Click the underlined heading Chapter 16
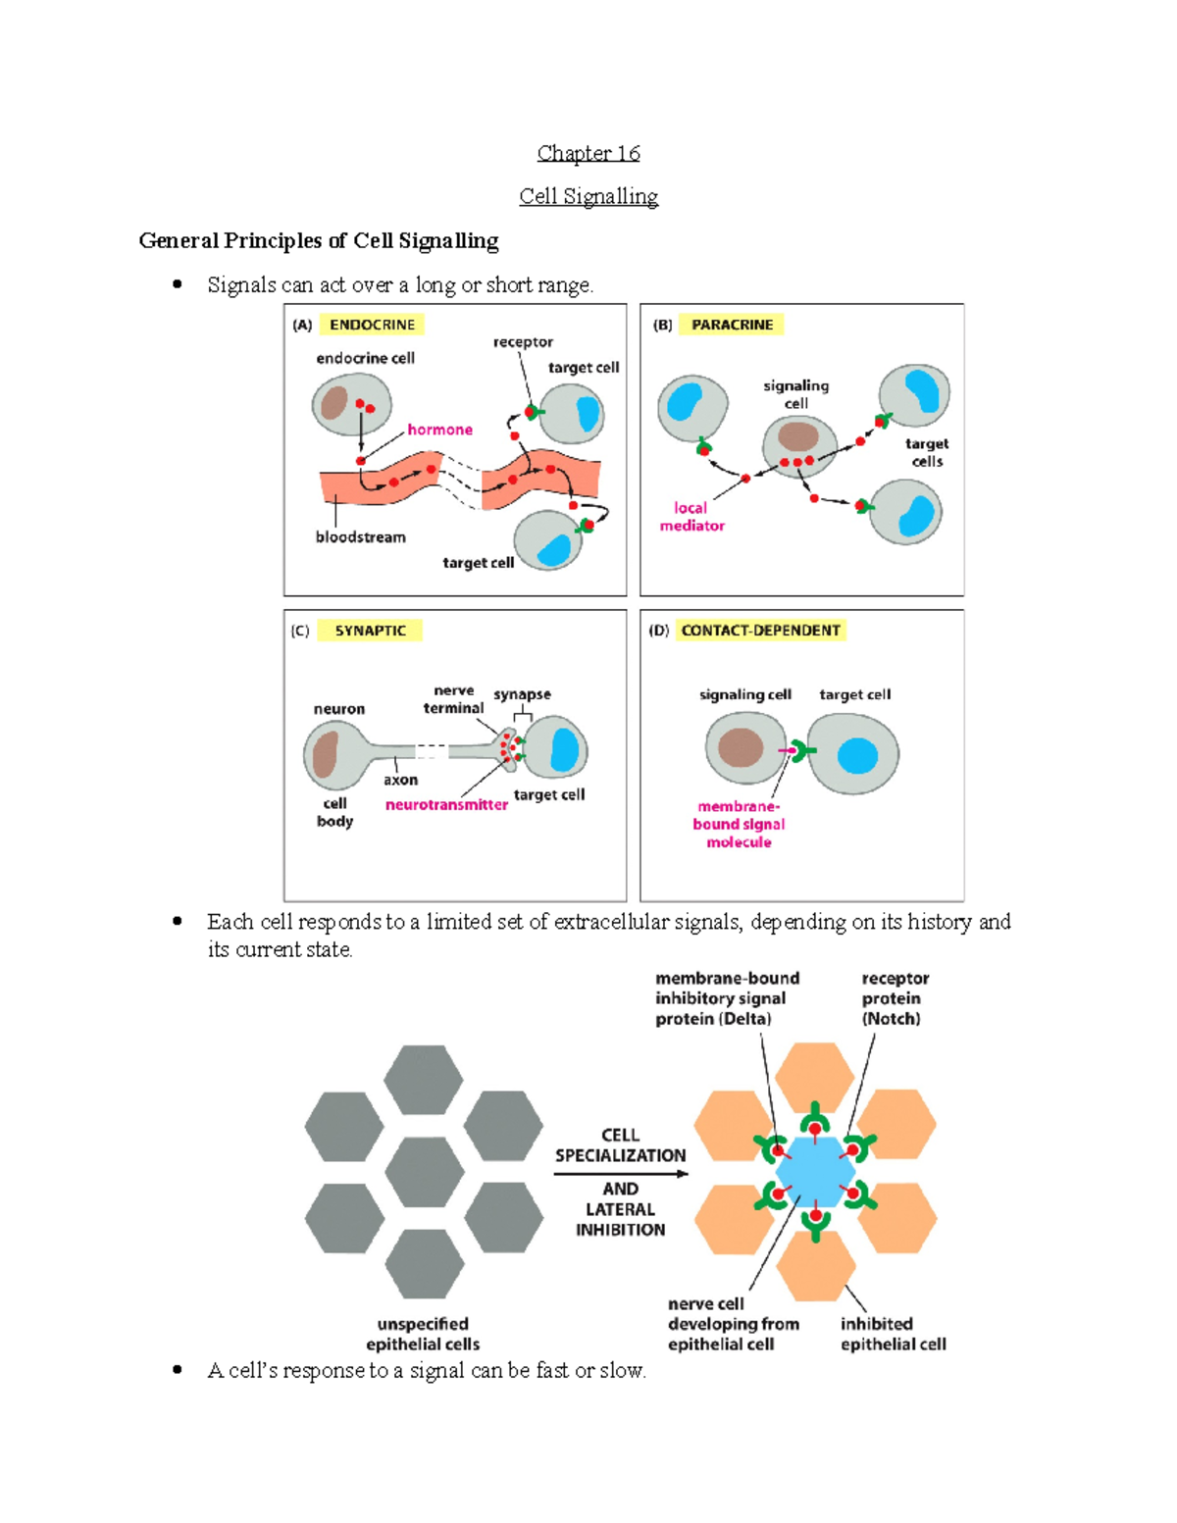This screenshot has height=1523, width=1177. coord(588,153)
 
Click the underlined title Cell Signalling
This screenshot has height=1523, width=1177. coord(588,196)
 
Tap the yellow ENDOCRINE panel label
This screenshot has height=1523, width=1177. coord(372,325)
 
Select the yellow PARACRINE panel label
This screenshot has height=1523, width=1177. coord(732,325)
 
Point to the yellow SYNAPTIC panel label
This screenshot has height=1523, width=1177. coord(370,631)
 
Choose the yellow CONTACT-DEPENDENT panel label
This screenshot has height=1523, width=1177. coord(760,631)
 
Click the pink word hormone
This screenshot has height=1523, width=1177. coord(439,430)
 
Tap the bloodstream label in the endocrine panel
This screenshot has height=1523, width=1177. coord(360,536)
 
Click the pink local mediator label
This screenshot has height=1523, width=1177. coord(691,517)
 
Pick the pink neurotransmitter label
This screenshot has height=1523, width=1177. coord(446,804)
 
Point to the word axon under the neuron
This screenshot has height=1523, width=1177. coord(400,780)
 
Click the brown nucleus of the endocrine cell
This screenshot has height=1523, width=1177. coord(334,402)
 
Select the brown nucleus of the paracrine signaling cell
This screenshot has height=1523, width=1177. coord(798,436)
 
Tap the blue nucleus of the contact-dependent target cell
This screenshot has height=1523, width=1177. coord(857,756)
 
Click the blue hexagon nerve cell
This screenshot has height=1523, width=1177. coord(815,1173)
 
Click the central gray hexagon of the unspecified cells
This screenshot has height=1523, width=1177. coord(424,1173)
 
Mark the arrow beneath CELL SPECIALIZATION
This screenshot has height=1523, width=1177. coord(620,1174)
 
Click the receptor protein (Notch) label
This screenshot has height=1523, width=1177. coord(894,998)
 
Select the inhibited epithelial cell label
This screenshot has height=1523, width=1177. coord(893,1334)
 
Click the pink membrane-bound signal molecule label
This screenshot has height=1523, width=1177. coord(739,824)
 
